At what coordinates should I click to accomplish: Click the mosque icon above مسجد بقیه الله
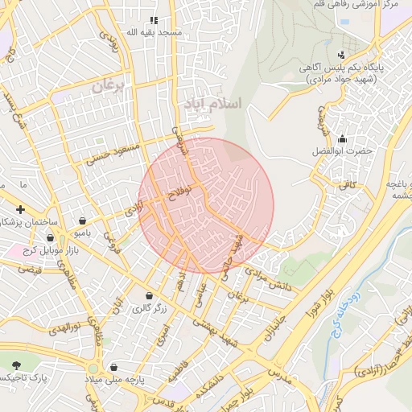click(154, 20)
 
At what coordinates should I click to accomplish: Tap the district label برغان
click(110, 87)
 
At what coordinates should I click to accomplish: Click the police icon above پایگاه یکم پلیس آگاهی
click(342, 56)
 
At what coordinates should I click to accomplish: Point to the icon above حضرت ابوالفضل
click(344, 138)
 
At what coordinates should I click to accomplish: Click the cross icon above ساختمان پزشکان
click(20, 209)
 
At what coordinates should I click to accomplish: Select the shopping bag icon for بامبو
click(83, 220)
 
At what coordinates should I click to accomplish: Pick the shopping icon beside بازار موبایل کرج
click(51, 238)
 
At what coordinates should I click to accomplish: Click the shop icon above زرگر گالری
click(149, 295)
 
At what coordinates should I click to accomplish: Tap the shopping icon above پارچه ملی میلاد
click(113, 367)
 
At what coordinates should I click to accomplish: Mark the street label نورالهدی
click(63, 328)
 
